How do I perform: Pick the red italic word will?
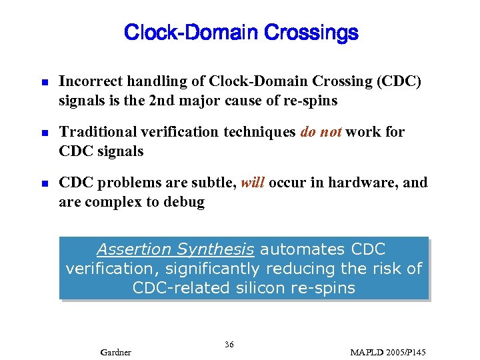(253, 183)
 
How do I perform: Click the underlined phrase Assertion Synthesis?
(175, 249)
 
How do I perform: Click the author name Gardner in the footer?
(115, 351)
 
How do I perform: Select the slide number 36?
(229, 344)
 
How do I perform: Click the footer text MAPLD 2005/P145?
(388, 351)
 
